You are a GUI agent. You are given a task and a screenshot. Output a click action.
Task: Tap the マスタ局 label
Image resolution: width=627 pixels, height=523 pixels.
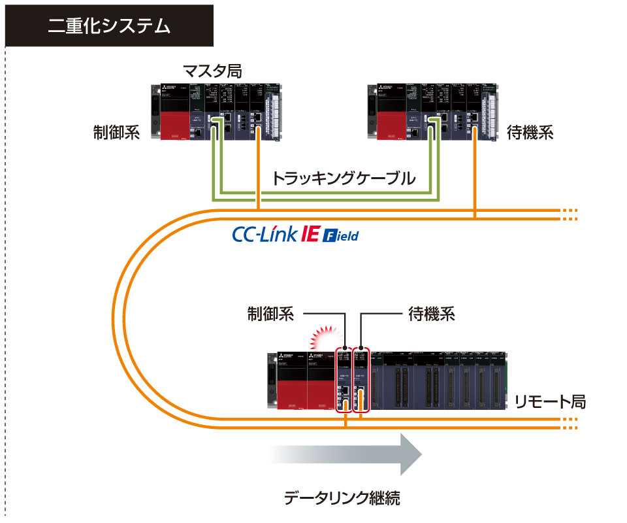click(x=212, y=71)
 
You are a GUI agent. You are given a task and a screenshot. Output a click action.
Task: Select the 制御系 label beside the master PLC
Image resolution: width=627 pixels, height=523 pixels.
click(x=117, y=133)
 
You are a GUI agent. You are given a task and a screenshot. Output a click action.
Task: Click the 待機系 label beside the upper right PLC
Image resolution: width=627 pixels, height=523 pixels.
click(x=530, y=133)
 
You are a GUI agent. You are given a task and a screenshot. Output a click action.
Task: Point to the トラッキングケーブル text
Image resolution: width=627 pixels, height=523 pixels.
click(x=344, y=178)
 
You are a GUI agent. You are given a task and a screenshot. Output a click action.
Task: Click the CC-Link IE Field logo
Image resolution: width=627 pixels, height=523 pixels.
click(x=295, y=234)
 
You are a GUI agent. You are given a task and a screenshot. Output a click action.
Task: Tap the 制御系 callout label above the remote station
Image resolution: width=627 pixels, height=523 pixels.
click(x=270, y=314)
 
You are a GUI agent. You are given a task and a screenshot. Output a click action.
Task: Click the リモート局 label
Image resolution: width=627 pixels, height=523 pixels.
click(x=550, y=401)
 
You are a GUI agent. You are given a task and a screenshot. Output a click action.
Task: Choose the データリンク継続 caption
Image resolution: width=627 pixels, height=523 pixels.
click(x=342, y=498)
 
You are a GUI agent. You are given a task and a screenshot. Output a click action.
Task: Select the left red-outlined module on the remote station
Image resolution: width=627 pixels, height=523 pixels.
click(x=344, y=379)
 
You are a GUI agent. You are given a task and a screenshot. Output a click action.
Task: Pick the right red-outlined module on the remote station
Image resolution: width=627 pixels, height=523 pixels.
click(x=361, y=379)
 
